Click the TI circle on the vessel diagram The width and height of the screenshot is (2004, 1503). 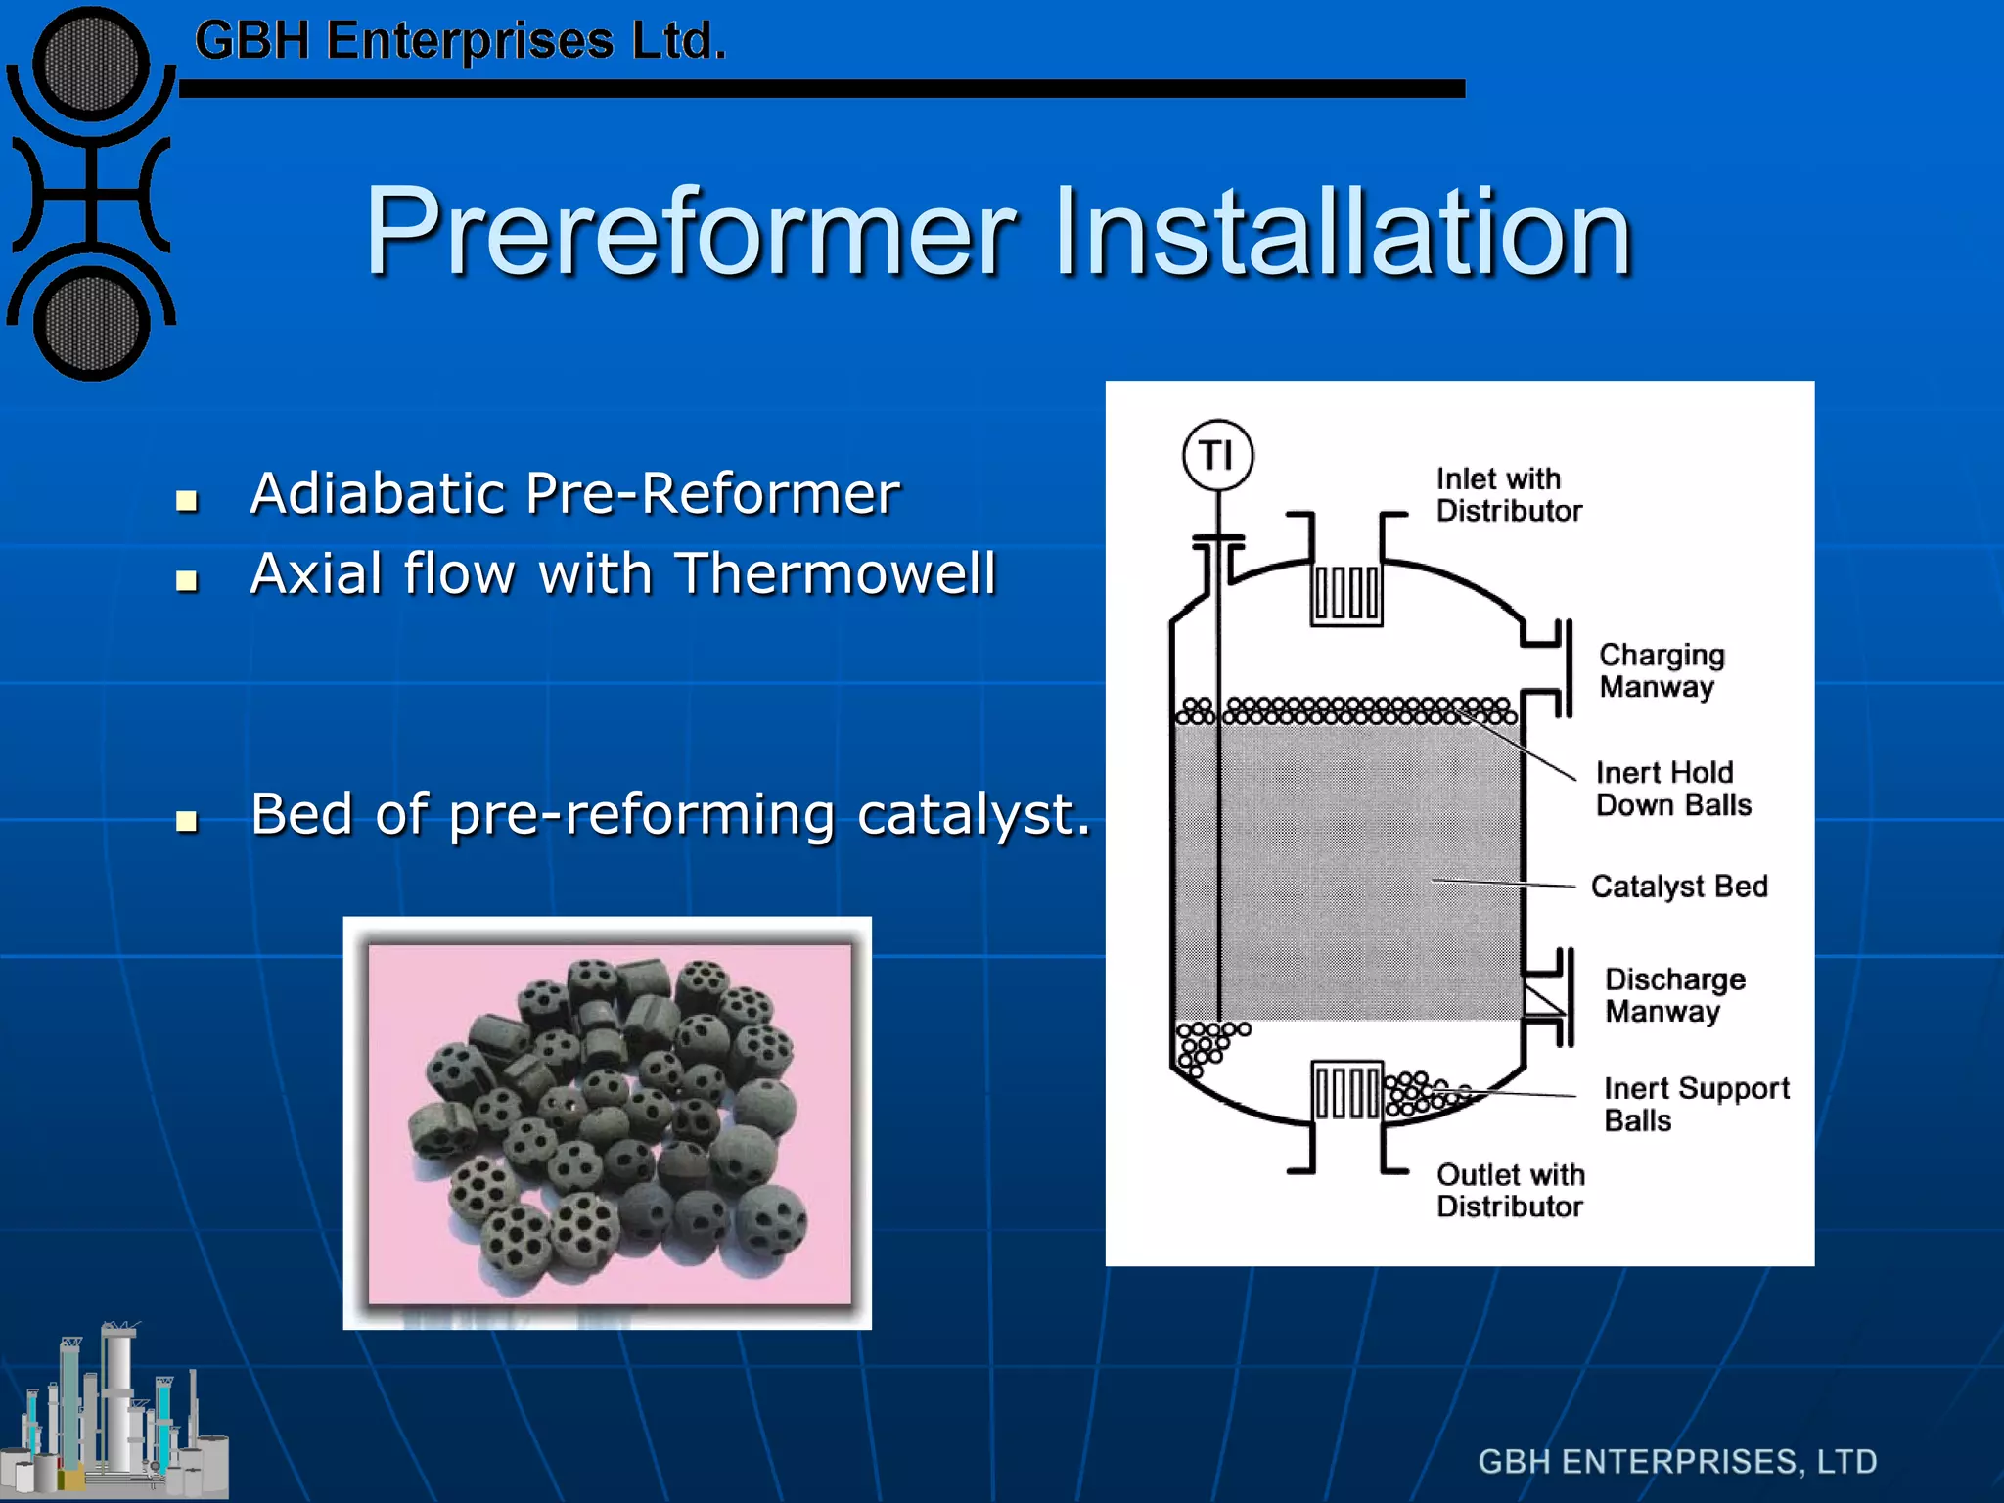(1217, 455)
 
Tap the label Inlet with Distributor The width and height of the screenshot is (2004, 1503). (1508, 495)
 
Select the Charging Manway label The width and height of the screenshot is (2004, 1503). (1661, 670)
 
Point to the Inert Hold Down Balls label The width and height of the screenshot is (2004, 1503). (1672, 789)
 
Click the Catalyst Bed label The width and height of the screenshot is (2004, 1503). (1678, 887)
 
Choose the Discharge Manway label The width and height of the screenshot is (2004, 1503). (1674, 995)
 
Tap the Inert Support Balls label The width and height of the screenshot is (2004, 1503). (1696, 1104)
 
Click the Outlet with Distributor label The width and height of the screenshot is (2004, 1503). (1510, 1190)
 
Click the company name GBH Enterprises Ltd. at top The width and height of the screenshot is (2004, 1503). (460, 41)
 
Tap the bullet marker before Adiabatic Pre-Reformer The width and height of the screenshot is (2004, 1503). (186, 501)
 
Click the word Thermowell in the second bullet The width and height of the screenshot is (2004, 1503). (836, 573)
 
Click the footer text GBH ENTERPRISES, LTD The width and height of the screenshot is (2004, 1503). (1677, 1461)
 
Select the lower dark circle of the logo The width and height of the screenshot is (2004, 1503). (91, 324)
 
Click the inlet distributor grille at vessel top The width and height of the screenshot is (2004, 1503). (1346, 593)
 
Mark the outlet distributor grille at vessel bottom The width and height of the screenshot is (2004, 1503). (1346, 1091)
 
